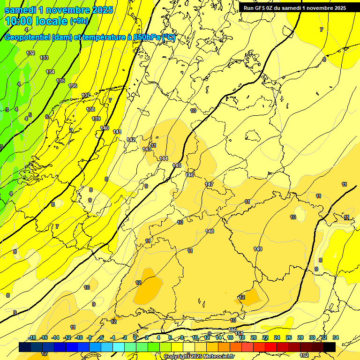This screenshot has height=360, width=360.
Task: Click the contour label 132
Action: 30,53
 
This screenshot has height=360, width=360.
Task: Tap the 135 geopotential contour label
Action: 60,81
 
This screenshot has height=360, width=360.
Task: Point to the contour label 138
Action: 90,109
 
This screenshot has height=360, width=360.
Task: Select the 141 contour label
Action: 117,132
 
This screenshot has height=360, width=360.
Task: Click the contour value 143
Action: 147,149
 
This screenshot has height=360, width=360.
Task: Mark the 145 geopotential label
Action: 177,165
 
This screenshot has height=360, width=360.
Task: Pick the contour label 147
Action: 209,184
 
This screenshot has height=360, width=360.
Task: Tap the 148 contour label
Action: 210,231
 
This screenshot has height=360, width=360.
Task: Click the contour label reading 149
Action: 258,248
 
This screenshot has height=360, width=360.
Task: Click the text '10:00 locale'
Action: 36,21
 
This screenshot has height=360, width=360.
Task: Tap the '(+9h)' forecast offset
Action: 78,21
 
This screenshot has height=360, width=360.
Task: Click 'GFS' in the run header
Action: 261,7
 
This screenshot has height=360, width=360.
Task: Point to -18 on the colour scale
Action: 32,337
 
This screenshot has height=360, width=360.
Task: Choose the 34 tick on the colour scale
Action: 336,337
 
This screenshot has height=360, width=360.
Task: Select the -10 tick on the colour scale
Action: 79,337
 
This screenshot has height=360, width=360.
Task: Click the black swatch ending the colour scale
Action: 330,347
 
